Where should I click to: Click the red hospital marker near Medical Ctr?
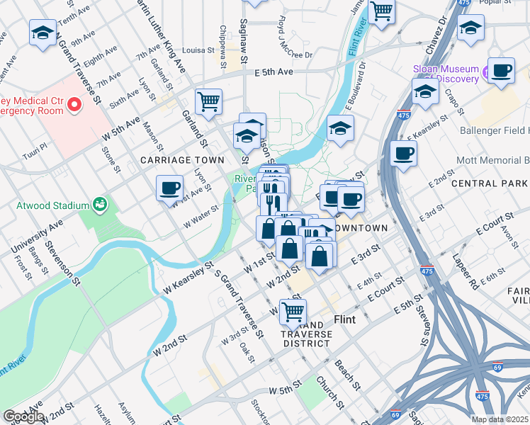[x=74, y=106]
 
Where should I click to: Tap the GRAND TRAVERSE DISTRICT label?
[x=305, y=333]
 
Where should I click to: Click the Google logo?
[x=23, y=416]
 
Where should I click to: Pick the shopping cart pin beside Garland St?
[x=209, y=101]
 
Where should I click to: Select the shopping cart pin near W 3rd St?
[x=293, y=310]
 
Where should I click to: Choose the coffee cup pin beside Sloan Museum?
[x=502, y=71]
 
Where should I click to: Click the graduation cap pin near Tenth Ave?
[x=43, y=32]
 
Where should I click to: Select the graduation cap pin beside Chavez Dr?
[x=470, y=28]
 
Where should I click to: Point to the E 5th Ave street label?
[x=274, y=72]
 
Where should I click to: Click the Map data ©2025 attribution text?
[x=500, y=419]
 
